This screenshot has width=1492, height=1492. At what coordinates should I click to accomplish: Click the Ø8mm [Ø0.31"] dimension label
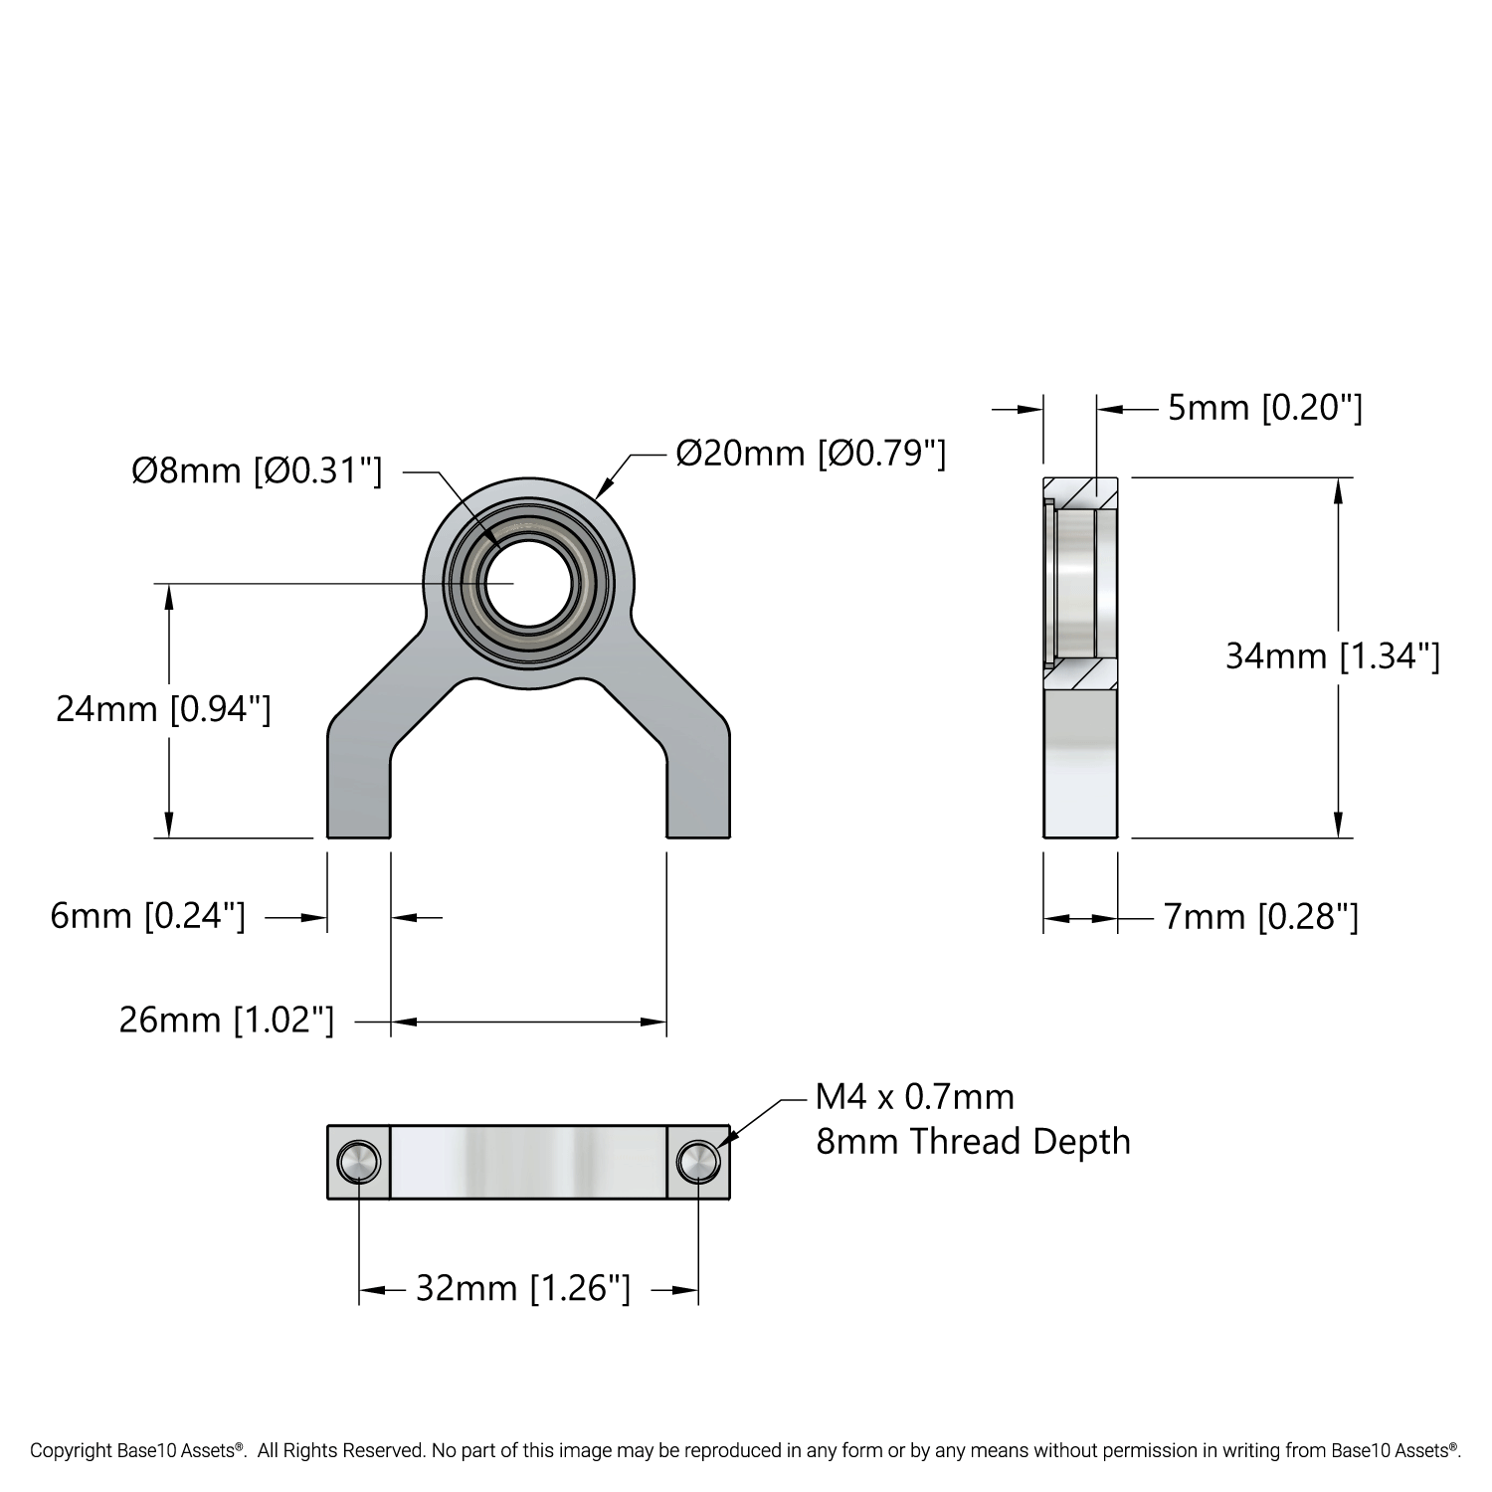pyautogui.click(x=257, y=470)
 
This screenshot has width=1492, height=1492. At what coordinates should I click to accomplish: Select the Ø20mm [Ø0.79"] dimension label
pyautogui.click(x=810, y=454)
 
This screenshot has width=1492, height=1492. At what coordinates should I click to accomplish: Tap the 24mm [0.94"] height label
pyautogui.click(x=163, y=709)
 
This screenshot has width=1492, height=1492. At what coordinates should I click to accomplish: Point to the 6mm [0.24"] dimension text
pyautogui.click(x=147, y=916)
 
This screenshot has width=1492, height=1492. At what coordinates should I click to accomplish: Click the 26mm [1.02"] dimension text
pyautogui.click(x=227, y=1021)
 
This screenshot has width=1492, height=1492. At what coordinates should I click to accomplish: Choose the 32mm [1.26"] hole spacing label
pyautogui.click(x=522, y=1289)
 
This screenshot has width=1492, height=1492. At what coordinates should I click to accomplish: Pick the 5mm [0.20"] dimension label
pyautogui.click(x=1264, y=408)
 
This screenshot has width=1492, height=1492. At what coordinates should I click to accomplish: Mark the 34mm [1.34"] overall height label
pyautogui.click(x=1332, y=656)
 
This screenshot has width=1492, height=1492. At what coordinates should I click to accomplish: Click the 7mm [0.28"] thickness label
pyautogui.click(x=1260, y=917)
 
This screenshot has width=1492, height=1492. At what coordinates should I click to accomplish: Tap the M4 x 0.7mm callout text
pyautogui.click(x=914, y=1097)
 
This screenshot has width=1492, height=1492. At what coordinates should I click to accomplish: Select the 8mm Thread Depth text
pyautogui.click(x=973, y=1142)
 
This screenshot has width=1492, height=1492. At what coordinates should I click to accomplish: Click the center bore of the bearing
pyautogui.click(x=528, y=584)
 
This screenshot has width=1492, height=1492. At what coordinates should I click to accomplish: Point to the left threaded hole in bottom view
pyautogui.click(x=358, y=1161)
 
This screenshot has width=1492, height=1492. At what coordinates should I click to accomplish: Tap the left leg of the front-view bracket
pyautogui.click(x=358, y=786)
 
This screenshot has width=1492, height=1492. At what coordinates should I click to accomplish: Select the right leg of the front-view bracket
pyautogui.click(x=698, y=786)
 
